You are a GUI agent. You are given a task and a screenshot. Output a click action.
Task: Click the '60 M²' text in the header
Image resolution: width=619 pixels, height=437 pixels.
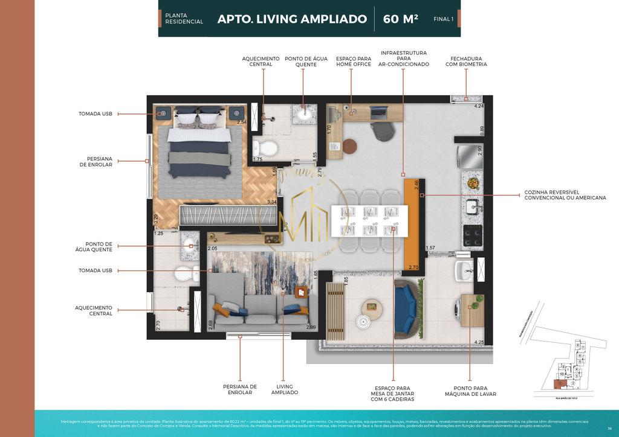[x=400, y=19]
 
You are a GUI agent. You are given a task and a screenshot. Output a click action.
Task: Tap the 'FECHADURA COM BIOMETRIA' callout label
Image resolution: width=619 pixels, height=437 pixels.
[x=465, y=61]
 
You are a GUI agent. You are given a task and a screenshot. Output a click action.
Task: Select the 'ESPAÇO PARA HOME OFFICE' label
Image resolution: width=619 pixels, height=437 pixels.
[x=354, y=61]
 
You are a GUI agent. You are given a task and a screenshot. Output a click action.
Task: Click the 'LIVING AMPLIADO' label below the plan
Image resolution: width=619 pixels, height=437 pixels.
[x=284, y=389]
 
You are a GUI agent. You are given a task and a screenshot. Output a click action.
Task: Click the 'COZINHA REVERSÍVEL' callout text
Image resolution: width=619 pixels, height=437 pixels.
[x=565, y=195]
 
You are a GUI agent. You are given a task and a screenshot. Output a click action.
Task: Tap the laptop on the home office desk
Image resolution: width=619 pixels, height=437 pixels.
[x=379, y=111]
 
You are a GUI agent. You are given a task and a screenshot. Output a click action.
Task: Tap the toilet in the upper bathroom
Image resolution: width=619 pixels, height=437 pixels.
[x=264, y=148]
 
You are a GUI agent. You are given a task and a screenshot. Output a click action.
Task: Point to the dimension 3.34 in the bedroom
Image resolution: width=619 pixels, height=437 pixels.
[x=271, y=202]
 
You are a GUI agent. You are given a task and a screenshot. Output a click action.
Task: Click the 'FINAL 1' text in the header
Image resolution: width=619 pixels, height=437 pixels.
[x=443, y=19]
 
